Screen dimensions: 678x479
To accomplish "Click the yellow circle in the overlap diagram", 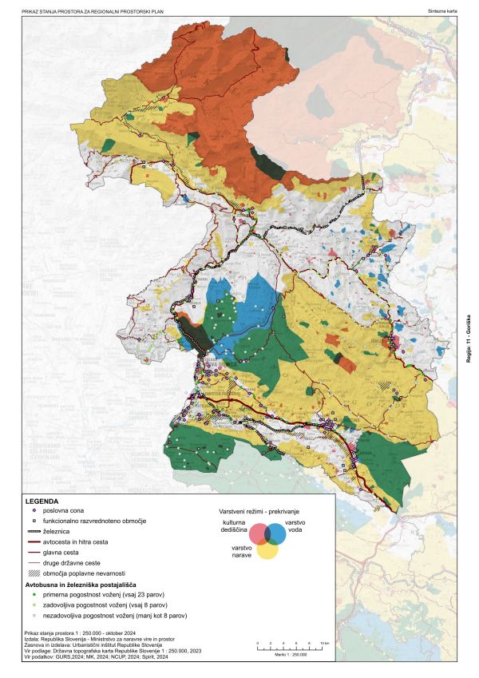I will pyautogui.click(x=267, y=546).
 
